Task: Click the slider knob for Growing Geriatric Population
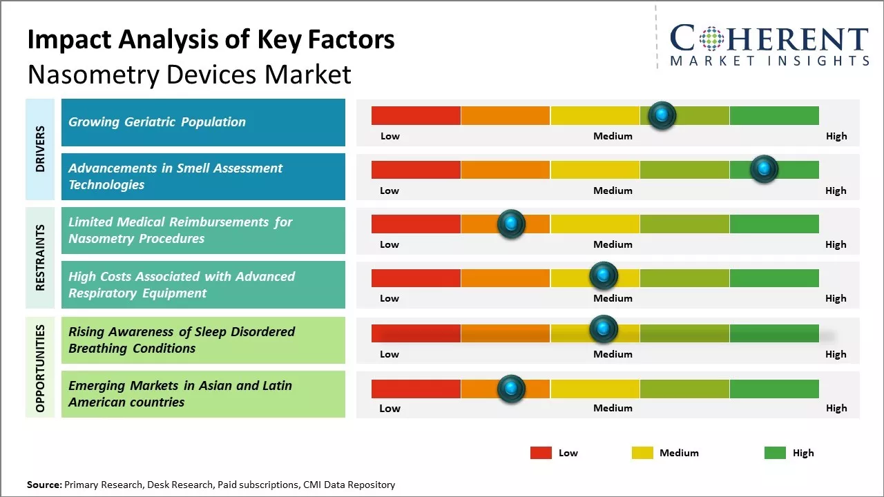pos(662,115)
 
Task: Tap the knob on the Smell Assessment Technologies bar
pos(764,169)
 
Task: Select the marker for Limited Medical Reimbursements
pos(511,224)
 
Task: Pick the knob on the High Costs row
pos(603,276)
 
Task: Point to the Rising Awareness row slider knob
pos(603,329)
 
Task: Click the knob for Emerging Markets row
pos(511,389)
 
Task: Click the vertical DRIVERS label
pos(40,148)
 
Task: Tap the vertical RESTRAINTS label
pos(40,257)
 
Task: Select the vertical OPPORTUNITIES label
pos(40,368)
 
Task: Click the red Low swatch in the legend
pos(541,453)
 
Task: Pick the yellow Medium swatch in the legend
pos(642,453)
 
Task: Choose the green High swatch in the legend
pos(775,453)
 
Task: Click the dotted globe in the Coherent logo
pos(711,39)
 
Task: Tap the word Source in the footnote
pos(44,485)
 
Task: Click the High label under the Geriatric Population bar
pos(836,136)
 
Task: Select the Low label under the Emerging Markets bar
pos(390,408)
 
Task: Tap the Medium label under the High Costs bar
pos(613,298)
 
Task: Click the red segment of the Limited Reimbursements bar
pos(416,224)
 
